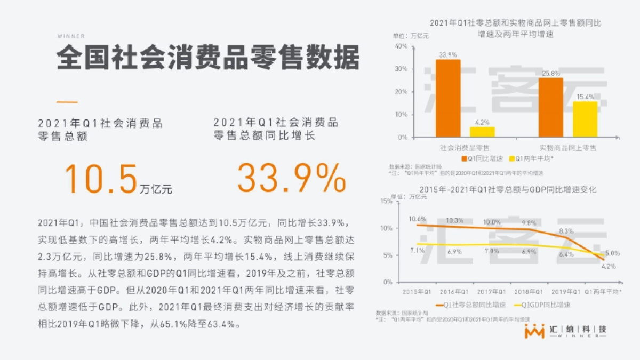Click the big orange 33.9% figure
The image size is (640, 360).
[291, 179]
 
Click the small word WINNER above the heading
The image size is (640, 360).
[71, 36]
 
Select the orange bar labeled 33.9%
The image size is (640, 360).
[447, 98]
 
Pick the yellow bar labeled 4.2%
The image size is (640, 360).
[482, 132]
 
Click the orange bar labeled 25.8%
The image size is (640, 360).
[550, 107]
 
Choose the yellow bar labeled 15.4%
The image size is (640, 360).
[585, 119]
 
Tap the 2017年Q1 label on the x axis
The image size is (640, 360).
[491, 292]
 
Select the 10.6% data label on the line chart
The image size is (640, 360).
[418, 219]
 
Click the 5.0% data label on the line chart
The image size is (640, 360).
[612, 254]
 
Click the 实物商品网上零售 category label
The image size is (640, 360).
[567, 147]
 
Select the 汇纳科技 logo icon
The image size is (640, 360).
[534, 331]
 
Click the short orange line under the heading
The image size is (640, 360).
[67, 102]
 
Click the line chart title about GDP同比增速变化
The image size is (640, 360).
[508, 190]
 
